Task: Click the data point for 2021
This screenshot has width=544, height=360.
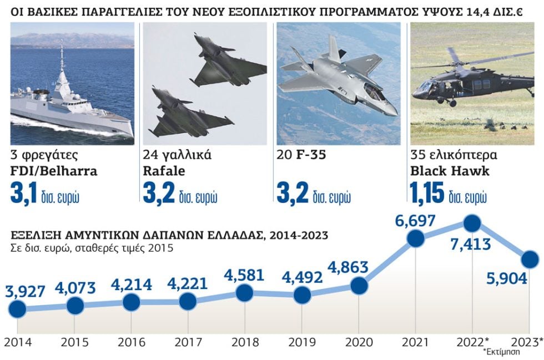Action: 416,238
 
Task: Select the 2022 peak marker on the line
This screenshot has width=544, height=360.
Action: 472,224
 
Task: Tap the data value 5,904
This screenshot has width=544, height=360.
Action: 507,278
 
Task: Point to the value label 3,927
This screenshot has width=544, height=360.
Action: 26,291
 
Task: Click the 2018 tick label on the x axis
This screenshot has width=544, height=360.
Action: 245,342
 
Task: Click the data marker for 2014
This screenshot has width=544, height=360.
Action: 17,308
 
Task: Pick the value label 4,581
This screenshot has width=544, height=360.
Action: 244,275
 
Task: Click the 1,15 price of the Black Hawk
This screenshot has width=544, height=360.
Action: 427,192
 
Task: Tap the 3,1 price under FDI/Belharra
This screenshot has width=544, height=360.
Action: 23,192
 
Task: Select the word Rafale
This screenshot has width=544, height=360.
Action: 164,171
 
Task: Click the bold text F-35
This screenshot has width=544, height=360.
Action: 311,155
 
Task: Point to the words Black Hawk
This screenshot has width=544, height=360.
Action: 450,171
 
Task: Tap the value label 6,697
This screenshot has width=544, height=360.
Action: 415,221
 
